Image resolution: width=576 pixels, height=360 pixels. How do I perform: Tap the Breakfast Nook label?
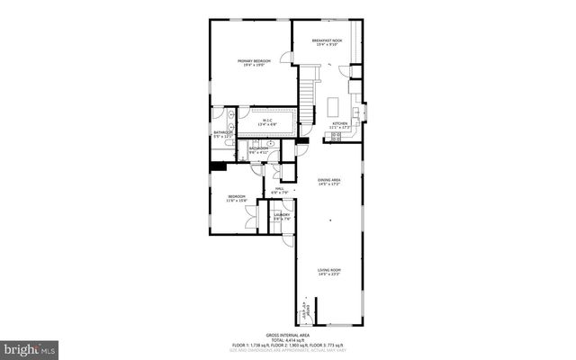coord(328,40)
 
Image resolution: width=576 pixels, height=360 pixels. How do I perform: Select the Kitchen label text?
coord(339,122)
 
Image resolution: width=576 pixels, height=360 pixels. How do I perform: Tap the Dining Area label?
coord(329,180)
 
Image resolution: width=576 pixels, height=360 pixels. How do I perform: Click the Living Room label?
coord(329,269)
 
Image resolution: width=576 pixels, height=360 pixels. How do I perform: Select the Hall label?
coord(280,188)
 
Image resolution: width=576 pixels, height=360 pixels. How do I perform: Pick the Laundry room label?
coord(282,214)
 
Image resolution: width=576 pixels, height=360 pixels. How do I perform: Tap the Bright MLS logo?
coord(30,346)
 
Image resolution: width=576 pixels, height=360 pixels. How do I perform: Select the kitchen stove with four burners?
coord(337,138)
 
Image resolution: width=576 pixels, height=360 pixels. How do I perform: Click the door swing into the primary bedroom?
coord(288,58)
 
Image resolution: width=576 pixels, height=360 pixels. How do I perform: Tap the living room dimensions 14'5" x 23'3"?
coord(329,274)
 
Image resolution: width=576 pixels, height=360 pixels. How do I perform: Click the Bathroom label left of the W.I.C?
coord(222,132)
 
